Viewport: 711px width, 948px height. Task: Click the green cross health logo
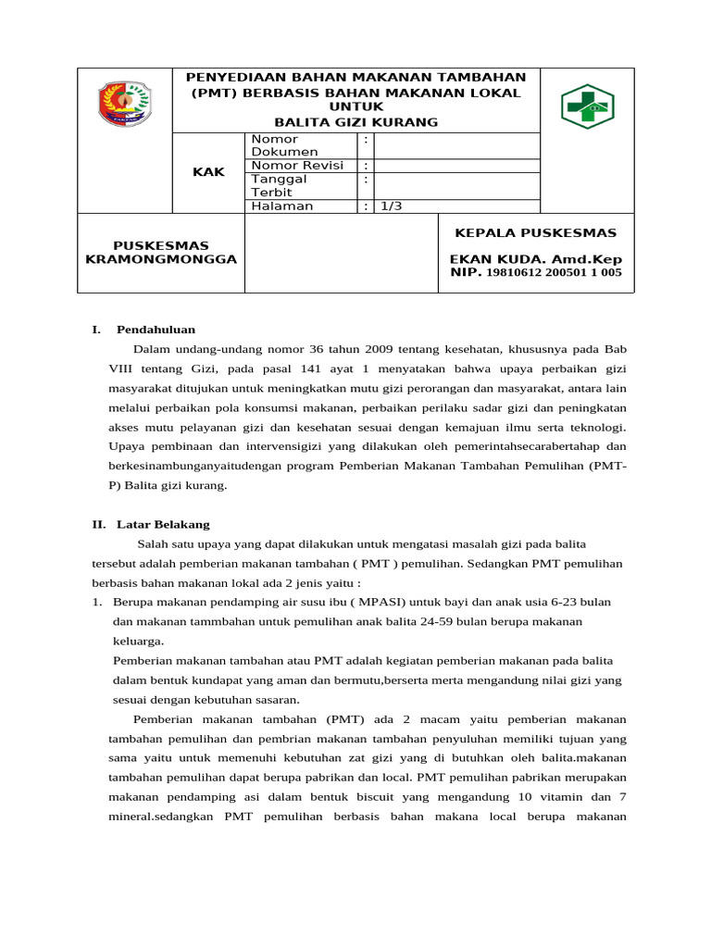(588, 106)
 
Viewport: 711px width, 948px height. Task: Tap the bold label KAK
(208, 172)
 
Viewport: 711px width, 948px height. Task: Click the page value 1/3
(391, 206)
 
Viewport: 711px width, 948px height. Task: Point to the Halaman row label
(281, 206)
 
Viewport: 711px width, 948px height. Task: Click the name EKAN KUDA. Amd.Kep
(536, 259)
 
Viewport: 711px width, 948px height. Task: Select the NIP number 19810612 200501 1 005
(554, 273)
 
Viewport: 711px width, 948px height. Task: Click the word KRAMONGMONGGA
(161, 259)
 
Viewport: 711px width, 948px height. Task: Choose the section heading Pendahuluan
(156, 329)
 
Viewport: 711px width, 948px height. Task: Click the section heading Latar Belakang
(163, 524)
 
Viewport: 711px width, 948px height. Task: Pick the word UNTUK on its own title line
(356, 107)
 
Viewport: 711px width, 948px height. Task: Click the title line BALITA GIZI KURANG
(356, 122)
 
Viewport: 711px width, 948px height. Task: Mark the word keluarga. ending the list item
(138, 641)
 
